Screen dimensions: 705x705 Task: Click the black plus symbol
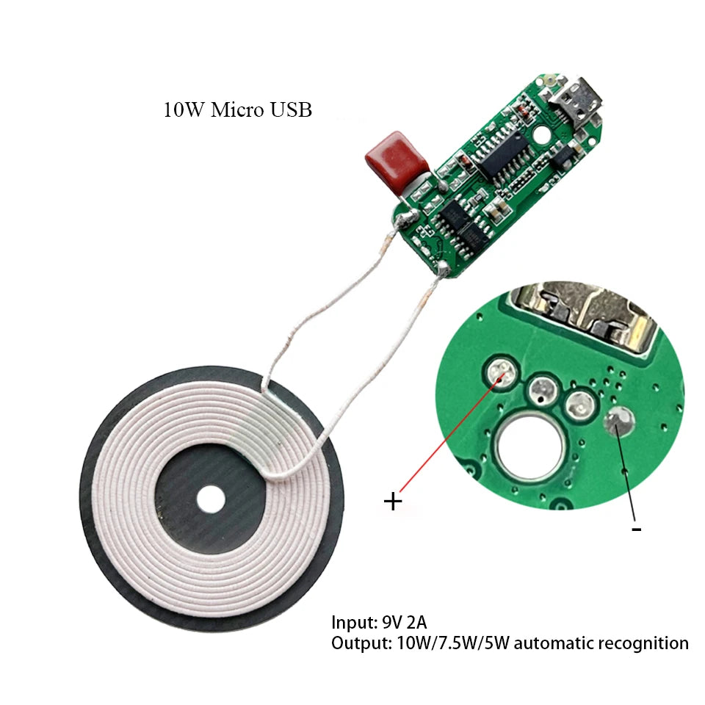point(394,502)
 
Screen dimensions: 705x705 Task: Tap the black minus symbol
point(636,528)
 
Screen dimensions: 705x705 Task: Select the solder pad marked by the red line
point(504,373)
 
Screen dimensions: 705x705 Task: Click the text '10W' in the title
point(184,111)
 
